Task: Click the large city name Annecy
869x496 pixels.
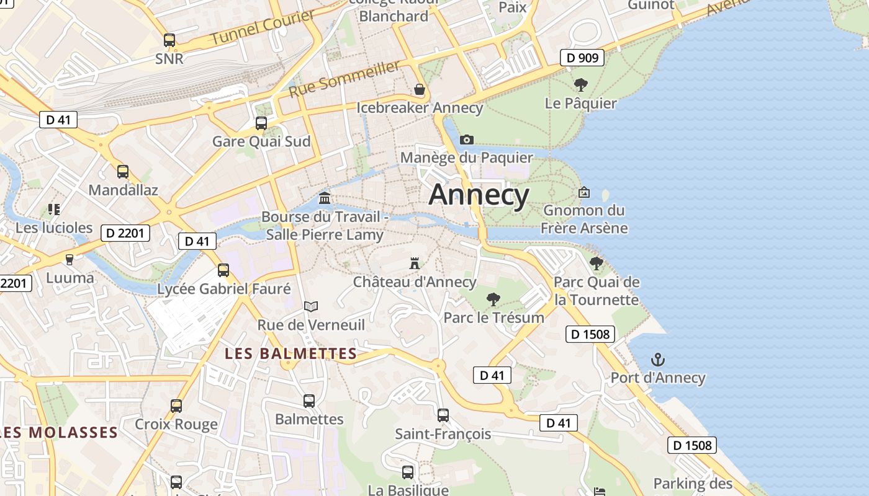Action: point(479,195)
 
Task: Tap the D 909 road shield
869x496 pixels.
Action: point(582,58)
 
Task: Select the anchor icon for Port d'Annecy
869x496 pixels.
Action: point(657,360)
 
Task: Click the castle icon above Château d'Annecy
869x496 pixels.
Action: point(415,263)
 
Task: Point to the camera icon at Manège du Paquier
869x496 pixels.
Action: point(467,140)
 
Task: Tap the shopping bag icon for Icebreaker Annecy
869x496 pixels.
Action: point(420,89)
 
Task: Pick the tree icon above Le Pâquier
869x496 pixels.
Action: point(581,85)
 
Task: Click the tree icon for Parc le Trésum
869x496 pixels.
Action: point(493,300)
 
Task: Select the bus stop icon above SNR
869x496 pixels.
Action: point(169,40)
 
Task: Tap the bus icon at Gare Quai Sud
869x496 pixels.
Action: point(261,123)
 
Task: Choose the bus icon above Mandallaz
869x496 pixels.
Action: point(123,172)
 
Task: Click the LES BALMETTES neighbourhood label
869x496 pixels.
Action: point(290,354)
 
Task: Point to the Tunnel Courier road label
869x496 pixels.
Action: point(263,27)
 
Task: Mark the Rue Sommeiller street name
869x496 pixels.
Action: point(344,79)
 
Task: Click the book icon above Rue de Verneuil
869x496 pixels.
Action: point(311,306)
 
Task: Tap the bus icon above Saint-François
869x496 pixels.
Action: point(443,415)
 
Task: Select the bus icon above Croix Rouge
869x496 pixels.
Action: point(176,406)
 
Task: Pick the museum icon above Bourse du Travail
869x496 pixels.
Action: point(324,198)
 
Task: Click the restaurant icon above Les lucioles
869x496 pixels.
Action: point(54,210)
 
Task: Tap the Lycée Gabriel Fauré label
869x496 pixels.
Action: point(223,289)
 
